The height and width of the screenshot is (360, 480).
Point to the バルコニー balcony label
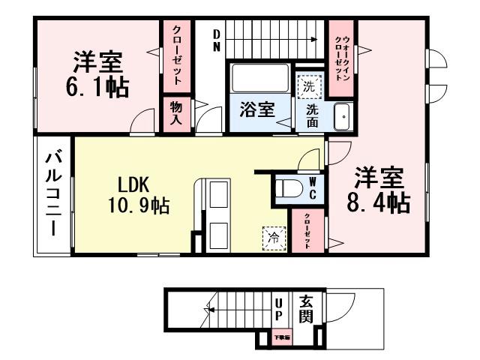(x=52, y=193)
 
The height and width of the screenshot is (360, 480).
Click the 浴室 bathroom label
(x=256, y=110)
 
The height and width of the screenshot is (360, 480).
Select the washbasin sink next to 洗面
(x=341, y=117)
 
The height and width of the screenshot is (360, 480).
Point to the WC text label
(x=313, y=187)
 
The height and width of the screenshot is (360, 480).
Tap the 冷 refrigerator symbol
(x=273, y=239)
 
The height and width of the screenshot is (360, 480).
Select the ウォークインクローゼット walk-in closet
(x=340, y=57)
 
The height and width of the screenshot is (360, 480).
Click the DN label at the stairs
(x=216, y=40)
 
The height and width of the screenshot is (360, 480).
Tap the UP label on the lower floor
(x=279, y=310)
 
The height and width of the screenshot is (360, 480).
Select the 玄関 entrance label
(x=306, y=309)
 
